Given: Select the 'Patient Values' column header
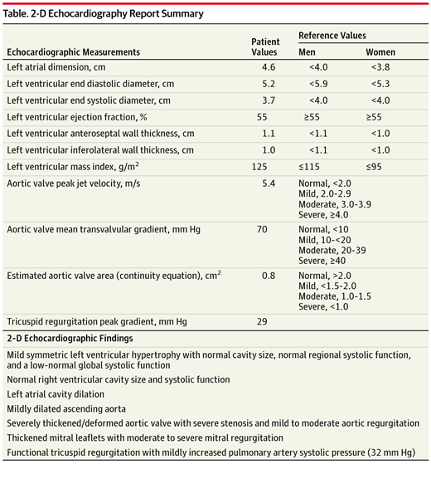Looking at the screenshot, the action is coord(268,46).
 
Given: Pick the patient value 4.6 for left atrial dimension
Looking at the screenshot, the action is coord(269,66).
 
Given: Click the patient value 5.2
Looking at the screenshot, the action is coord(269,84).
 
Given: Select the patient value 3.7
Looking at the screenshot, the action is coord(269,100).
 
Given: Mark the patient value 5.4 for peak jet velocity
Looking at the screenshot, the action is coord(269,183).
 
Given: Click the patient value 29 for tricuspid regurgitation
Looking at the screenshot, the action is coord(269,320).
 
